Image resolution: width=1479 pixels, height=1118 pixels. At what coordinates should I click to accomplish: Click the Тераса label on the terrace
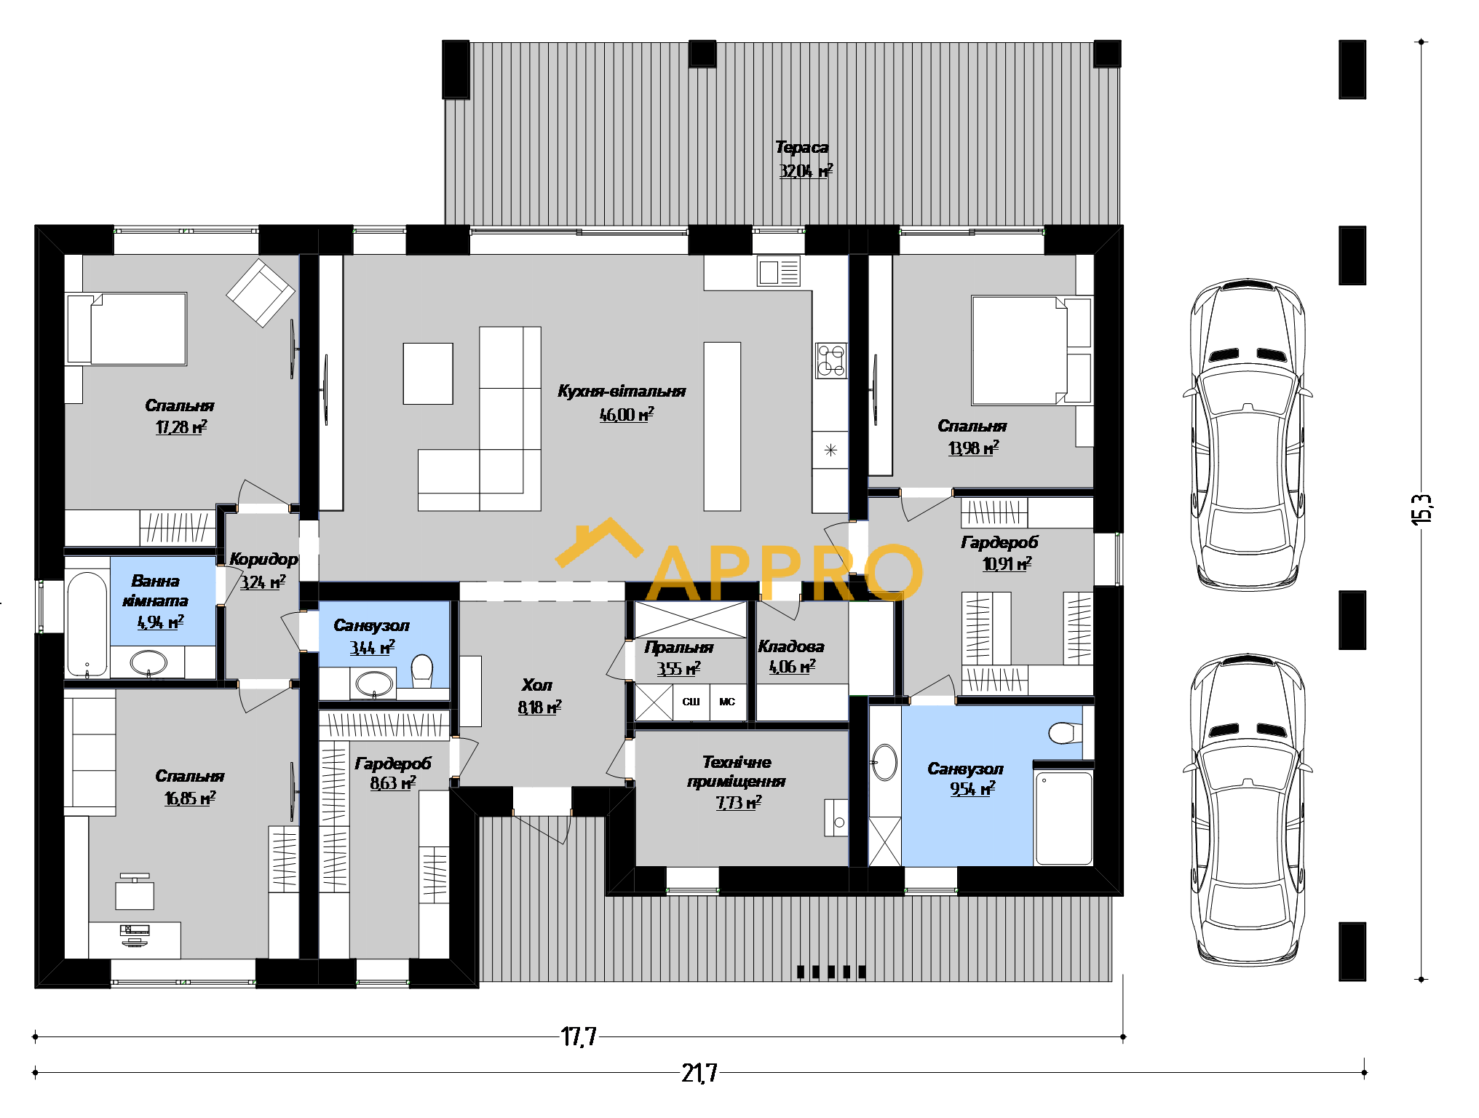click(x=801, y=148)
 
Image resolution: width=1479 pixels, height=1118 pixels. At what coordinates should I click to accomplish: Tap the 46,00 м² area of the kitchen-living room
click(x=627, y=414)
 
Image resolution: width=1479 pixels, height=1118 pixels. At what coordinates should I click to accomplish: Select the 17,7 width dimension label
click(x=579, y=1036)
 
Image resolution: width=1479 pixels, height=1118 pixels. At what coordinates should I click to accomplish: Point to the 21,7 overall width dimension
click(x=699, y=1073)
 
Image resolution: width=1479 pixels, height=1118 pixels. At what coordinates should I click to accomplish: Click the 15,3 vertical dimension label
click(x=1421, y=509)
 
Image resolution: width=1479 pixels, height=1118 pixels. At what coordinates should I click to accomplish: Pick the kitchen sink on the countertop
click(x=778, y=272)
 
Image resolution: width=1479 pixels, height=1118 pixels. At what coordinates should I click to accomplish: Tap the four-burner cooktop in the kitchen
click(x=830, y=360)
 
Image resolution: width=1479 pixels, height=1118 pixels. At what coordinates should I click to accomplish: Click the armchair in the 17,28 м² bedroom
click(x=260, y=292)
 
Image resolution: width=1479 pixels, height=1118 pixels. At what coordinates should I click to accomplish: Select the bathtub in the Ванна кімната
click(x=87, y=625)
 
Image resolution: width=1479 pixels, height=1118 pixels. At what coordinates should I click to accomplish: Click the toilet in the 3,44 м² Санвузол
click(x=422, y=670)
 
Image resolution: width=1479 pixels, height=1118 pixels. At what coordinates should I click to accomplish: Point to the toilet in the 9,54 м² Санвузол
click(x=1066, y=732)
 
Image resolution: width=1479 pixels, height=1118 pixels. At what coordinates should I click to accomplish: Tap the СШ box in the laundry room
click(x=691, y=702)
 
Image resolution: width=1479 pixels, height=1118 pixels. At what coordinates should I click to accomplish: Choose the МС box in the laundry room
click(x=728, y=702)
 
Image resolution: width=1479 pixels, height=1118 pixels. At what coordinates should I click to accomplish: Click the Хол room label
click(x=536, y=685)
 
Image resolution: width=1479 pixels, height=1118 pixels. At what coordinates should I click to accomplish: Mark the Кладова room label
click(x=791, y=646)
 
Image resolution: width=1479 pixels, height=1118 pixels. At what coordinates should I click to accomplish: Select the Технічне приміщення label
click(x=737, y=772)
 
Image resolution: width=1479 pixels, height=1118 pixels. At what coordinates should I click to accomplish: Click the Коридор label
click(x=263, y=559)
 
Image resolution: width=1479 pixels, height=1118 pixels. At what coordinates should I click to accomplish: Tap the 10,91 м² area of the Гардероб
click(x=1007, y=563)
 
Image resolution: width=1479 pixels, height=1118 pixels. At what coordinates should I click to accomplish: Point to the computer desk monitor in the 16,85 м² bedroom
click(x=135, y=930)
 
